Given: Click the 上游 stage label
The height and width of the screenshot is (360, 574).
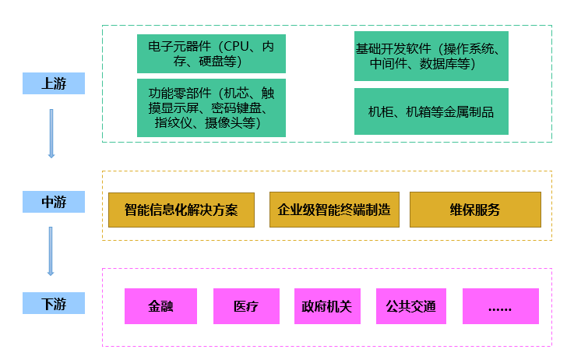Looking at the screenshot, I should pos(53,83).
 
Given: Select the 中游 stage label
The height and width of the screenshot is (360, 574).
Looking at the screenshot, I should pos(53,202).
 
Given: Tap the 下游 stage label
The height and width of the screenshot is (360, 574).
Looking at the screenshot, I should pos(53,303).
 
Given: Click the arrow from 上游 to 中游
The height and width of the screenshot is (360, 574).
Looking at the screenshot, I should pos(51,133).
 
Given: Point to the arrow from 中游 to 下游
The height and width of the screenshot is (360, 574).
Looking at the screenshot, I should pos(51,251).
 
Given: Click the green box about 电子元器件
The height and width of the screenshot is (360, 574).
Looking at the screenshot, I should pos(211,53).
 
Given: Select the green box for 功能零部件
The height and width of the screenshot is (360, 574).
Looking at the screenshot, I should pos(211,108).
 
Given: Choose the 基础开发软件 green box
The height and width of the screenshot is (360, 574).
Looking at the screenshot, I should pos(431,56).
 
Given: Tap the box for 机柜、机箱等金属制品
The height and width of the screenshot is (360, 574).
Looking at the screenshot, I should pos(431,111).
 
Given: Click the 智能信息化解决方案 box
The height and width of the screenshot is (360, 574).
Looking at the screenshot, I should pos(181,210).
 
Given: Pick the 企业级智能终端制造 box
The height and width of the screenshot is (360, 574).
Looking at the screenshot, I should pos(334,210).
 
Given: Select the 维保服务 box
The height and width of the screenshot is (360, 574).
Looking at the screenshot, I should pos(474,210).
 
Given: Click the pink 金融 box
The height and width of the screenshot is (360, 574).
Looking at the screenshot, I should pos(160,306).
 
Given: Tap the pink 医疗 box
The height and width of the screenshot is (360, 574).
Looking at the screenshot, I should pos(245,306).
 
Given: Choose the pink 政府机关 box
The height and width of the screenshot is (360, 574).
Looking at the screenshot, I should pos(327,306).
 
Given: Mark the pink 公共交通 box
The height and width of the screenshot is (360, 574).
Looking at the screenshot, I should pos(410,306).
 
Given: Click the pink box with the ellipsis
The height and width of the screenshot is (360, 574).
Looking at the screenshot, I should pos(500,306).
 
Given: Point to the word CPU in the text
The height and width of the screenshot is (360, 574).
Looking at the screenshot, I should pos(239,46).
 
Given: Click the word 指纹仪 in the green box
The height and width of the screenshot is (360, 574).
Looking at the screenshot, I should pos(173,122).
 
